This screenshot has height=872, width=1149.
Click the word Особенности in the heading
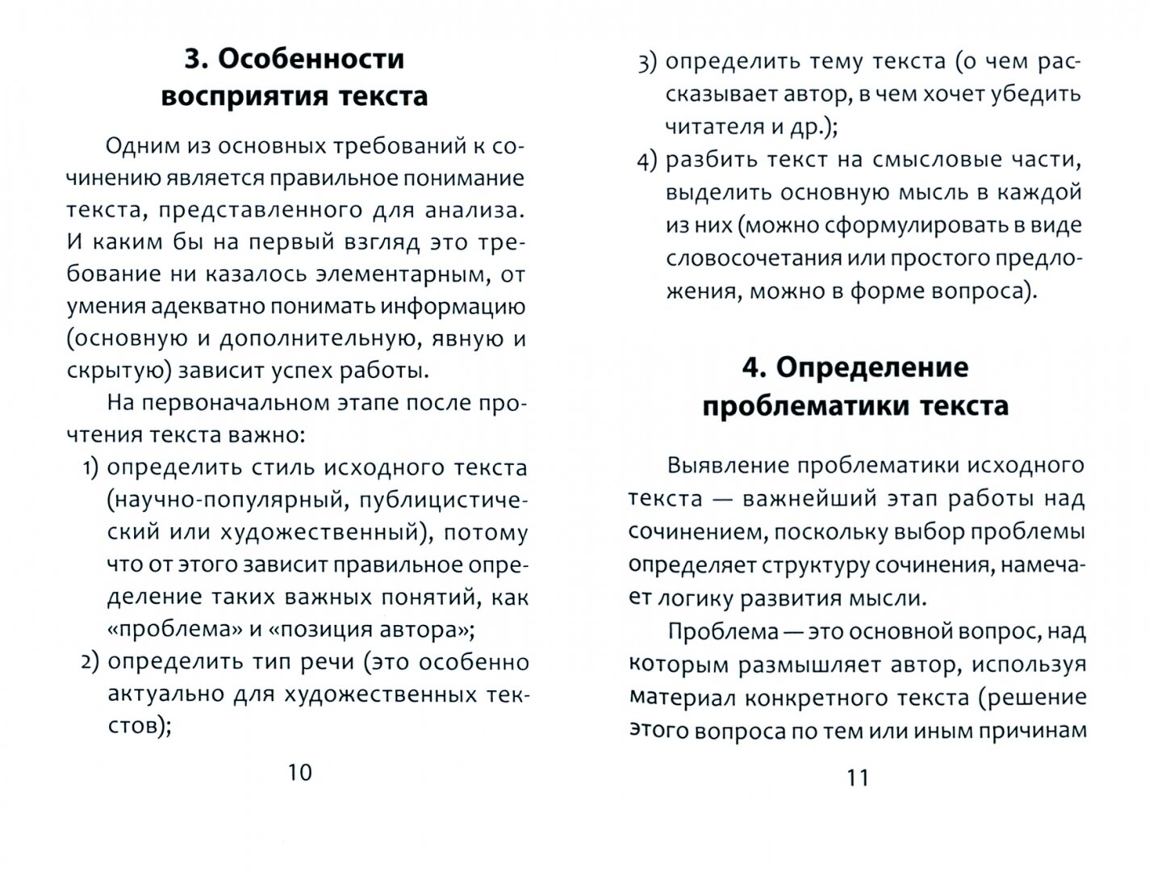pos(311,60)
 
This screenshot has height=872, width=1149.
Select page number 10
pos(299,773)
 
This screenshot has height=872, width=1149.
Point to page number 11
pos(857,778)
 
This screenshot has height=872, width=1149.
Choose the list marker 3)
pos(647,62)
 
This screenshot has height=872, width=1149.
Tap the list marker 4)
pos(647,161)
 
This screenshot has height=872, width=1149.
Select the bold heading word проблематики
pos(804,405)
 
